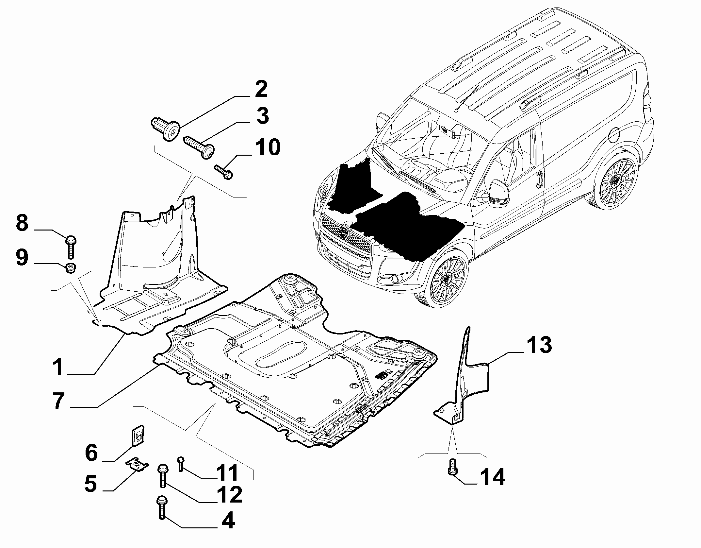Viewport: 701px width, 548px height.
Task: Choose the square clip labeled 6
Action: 138,436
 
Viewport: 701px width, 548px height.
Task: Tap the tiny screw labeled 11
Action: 181,464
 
